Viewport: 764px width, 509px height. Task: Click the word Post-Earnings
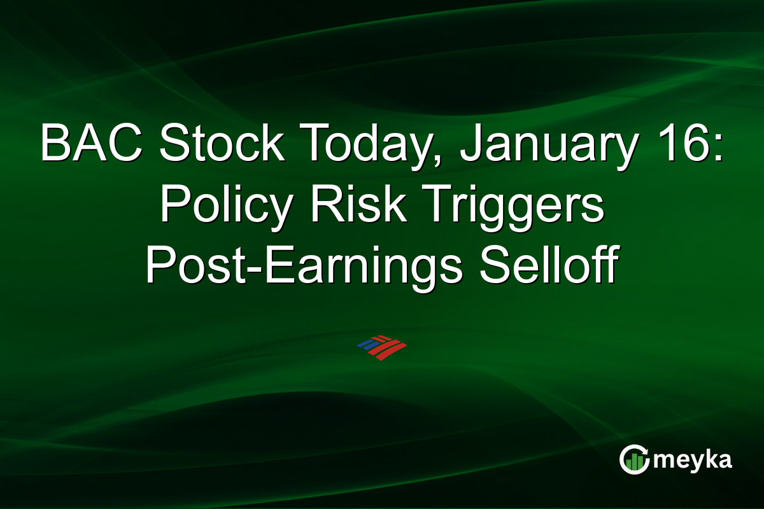tap(304, 266)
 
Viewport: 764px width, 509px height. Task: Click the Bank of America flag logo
tap(382, 347)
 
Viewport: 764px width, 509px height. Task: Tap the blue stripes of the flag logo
tap(369, 344)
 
